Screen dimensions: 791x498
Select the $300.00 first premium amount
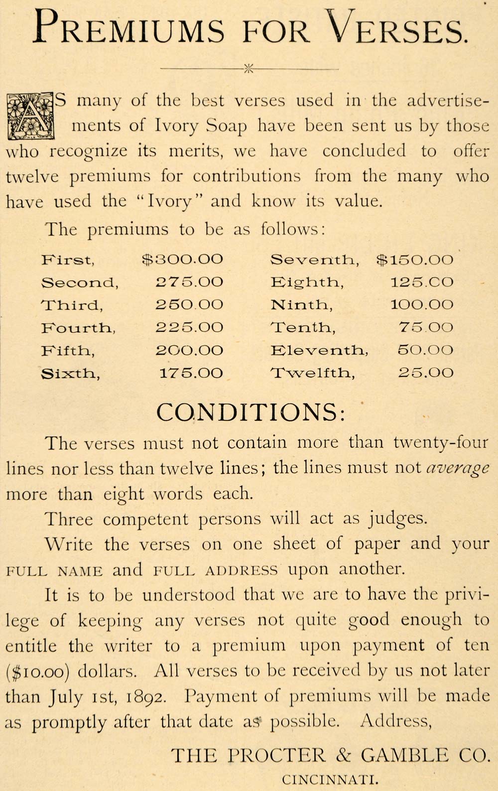[182, 260]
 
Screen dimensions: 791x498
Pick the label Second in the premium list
[80, 283]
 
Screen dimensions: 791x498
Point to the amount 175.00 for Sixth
[191, 373]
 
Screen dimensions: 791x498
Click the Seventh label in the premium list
[314, 260]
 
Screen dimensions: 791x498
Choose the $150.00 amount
[415, 260]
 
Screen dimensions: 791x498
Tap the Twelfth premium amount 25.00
[426, 373]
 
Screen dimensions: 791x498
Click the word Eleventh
[319, 350]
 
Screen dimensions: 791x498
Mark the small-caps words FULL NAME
[54, 571]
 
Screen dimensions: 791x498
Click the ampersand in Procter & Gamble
[343, 756]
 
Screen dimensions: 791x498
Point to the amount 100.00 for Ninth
[422, 305]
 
